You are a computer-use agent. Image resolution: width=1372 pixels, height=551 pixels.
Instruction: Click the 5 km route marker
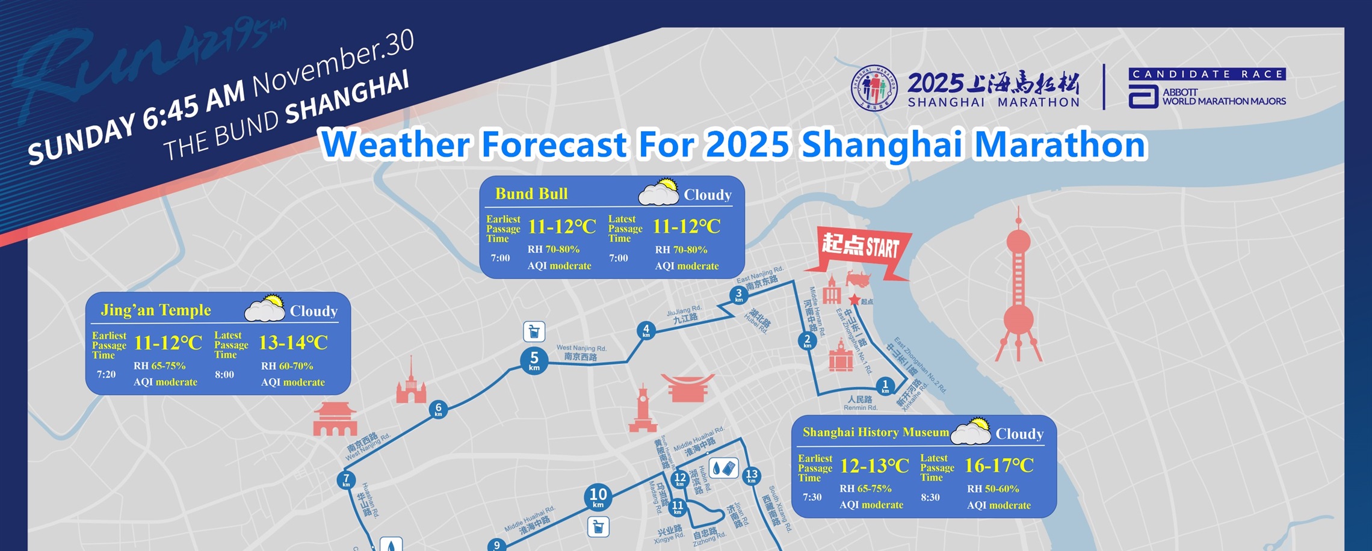click(x=534, y=361)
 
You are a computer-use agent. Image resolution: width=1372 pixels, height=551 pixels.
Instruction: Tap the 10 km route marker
click(x=598, y=497)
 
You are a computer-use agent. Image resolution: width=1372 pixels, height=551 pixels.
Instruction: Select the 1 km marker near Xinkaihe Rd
click(x=885, y=386)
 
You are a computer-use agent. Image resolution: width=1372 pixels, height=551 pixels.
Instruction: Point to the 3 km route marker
click(x=739, y=295)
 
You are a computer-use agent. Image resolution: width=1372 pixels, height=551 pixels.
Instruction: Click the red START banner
click(x=861, y=247)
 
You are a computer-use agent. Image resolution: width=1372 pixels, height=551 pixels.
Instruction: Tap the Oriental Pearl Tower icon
click(x=1018, y=289)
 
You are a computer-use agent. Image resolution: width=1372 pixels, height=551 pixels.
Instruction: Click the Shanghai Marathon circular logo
click(x=874, y=88)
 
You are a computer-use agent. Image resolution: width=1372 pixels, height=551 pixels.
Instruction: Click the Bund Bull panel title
click(x=531, y=194)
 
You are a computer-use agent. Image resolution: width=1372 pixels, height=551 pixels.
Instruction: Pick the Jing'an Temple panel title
click(x=156, y=310)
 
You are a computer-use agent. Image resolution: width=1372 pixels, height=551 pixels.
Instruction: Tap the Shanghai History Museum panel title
click(x=876, y=432)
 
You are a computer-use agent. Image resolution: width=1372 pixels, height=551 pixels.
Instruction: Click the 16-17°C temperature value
click(x=999, y=466)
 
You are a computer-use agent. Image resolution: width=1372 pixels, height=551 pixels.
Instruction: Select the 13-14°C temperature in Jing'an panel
click(x=293, y=343)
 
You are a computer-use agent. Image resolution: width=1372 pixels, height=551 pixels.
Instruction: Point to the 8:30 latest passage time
click(x=930, y=497)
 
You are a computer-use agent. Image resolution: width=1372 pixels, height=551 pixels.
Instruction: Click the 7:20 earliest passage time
click(x=106, y=374)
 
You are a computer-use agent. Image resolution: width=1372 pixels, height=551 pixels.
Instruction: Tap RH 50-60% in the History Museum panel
click(x=993, y=489)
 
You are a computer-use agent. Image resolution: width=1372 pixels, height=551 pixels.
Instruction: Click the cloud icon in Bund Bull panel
click(x=658, y=192)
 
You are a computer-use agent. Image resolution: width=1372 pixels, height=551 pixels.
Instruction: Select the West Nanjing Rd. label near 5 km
click(x=581, y=352)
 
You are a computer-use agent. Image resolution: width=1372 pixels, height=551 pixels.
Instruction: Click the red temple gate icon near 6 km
click(x=335, y=419)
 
